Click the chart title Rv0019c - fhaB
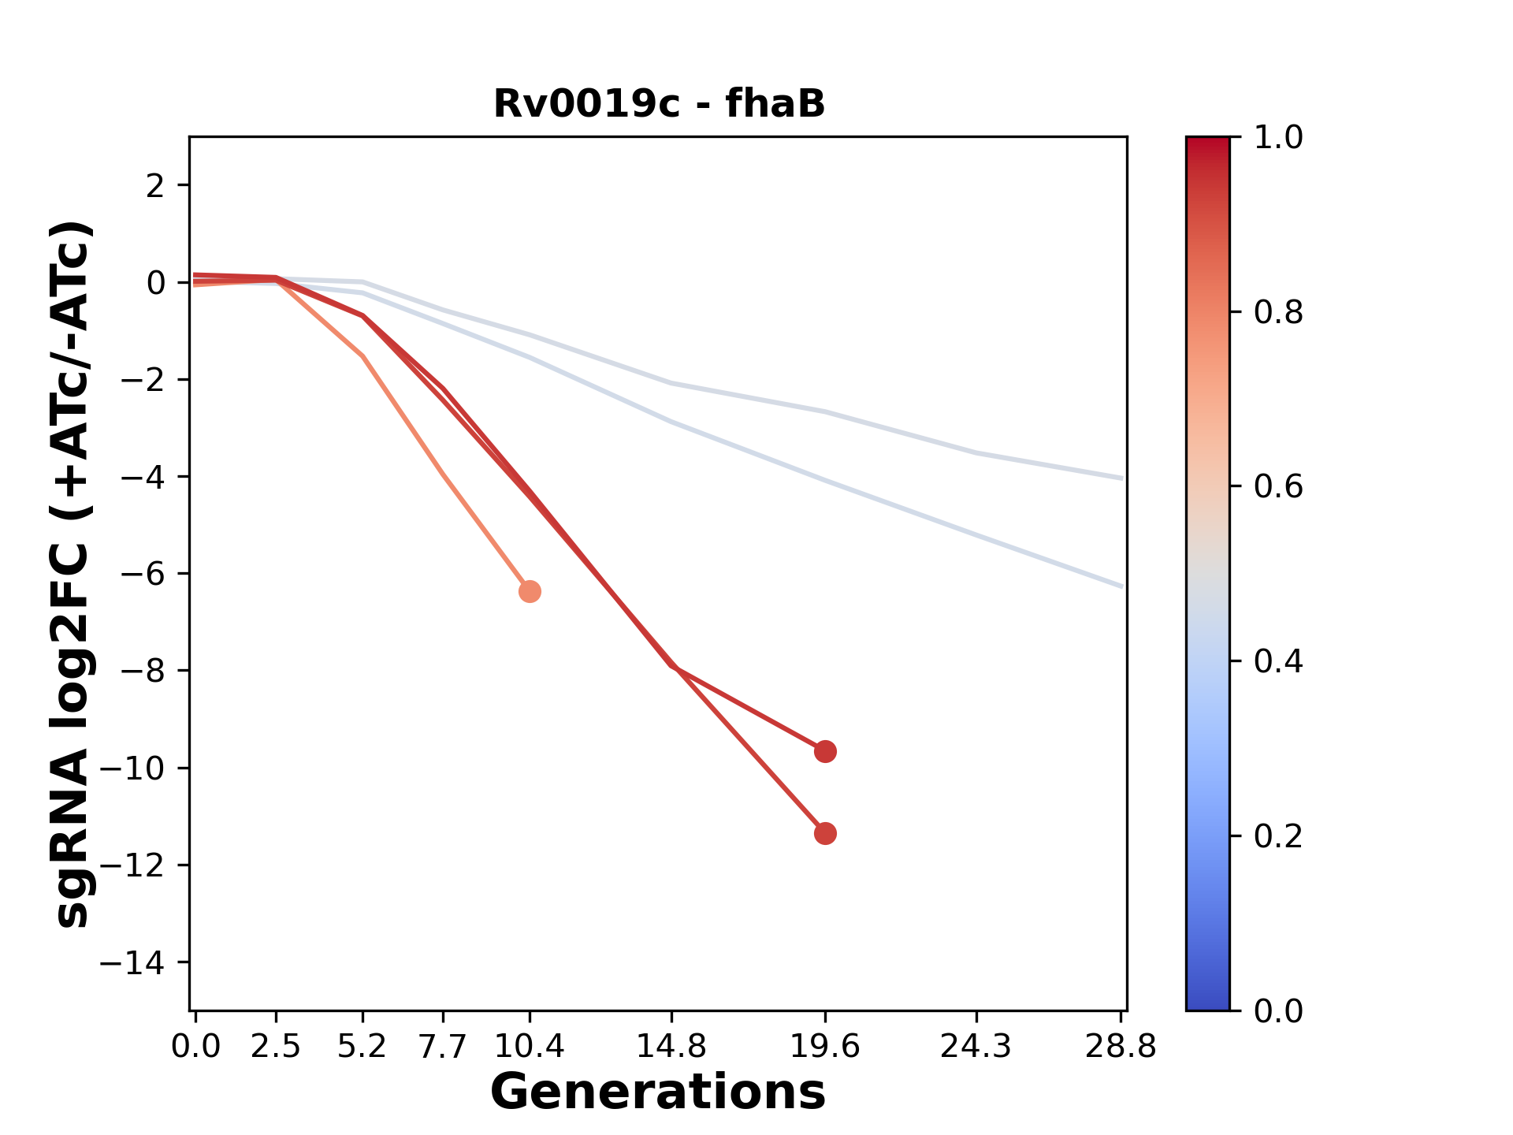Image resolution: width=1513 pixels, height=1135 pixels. pyautogui.click(x=659, y=104)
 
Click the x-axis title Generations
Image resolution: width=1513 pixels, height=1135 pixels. pyautogui.click(x=658, y=1092)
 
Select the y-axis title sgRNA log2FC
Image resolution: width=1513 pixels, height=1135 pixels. pyautogui.click(x=72, y=573)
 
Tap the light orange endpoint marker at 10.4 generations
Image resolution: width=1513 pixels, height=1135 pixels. pyautogui.click(x=530, y=591)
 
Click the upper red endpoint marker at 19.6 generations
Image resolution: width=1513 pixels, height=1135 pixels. pyautogui.click(x=825, y=751)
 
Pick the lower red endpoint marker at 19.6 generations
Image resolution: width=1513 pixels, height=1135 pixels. pyautogui.click(x=825, y=833)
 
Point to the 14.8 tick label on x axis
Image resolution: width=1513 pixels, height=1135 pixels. pyautogui.click(x=671, y=1046)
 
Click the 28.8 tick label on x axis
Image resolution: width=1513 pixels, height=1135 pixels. pyautogui.click(x=1121, y=1046)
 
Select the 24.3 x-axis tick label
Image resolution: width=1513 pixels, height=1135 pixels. pyautogui.click(x=976, y=1046)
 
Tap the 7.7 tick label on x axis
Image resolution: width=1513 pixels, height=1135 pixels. pyautogui.click(x=444, y=1046)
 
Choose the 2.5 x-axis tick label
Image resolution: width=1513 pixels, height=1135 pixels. pyautogui.click(x=276, y=1046)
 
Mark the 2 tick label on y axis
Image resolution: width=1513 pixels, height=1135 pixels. pyautogui.click(x=156, y=185)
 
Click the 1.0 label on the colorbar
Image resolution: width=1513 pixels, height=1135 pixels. pyautogui.click(x=1278, y=138)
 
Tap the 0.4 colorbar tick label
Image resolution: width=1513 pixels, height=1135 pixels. pyautogui.click(x=1278, y=661)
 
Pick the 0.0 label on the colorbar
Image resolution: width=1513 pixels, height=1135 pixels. pyautogui.click(x=1278, y=1010)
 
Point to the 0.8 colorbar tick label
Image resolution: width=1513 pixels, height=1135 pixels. pyautogui.click(x=1278, y=313)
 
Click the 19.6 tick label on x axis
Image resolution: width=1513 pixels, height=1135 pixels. pyautogui.click(x=825, y=1046)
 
